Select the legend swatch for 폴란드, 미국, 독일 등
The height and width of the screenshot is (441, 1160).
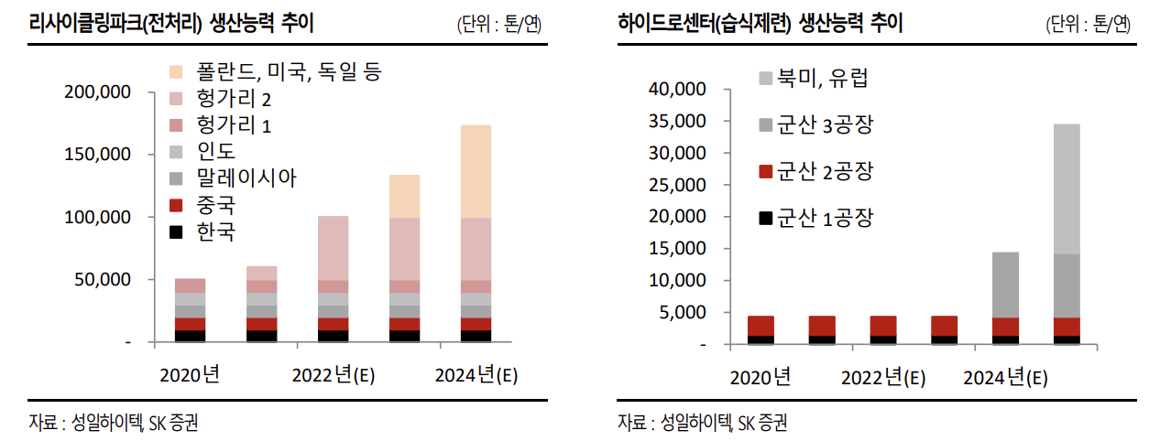tap(178, 72)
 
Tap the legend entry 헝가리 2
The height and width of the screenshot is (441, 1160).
tap(233, 99)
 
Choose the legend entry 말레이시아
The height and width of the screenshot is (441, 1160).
tap(246, 177)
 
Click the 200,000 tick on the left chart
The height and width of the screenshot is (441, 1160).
tap(98, 92)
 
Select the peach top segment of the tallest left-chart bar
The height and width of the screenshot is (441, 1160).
tap(476, 171)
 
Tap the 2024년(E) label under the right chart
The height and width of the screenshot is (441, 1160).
tap(1005, 377)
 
